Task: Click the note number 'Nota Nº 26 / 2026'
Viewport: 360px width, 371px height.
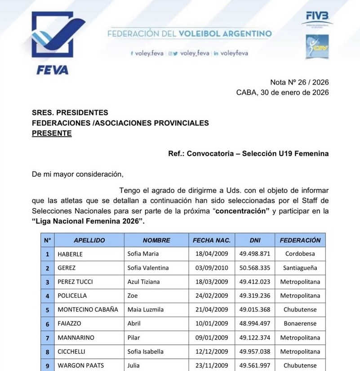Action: [x=299, y=82]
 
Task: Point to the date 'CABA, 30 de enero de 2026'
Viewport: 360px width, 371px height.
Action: [x=282, y=93]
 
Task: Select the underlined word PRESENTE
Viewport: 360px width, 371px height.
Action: [x=52, y=133]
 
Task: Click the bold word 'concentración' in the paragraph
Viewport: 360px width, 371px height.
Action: [x=242, y=211]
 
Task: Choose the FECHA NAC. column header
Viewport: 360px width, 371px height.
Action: [x=211, y=240]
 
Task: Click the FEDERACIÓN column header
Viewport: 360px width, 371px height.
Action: [x=300, y=240]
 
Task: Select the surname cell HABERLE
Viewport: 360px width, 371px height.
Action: [x=71, y=254]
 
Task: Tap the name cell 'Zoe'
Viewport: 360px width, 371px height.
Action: [x=133, y=296]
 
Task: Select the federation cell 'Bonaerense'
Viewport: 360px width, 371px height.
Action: [x=300, y=324]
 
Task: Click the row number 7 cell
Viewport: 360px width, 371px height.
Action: [x=47, y=338]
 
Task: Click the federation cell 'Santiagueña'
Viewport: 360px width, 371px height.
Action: [x=300, y=268]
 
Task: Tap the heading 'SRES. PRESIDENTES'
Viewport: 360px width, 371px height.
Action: [x=70, y=112]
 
